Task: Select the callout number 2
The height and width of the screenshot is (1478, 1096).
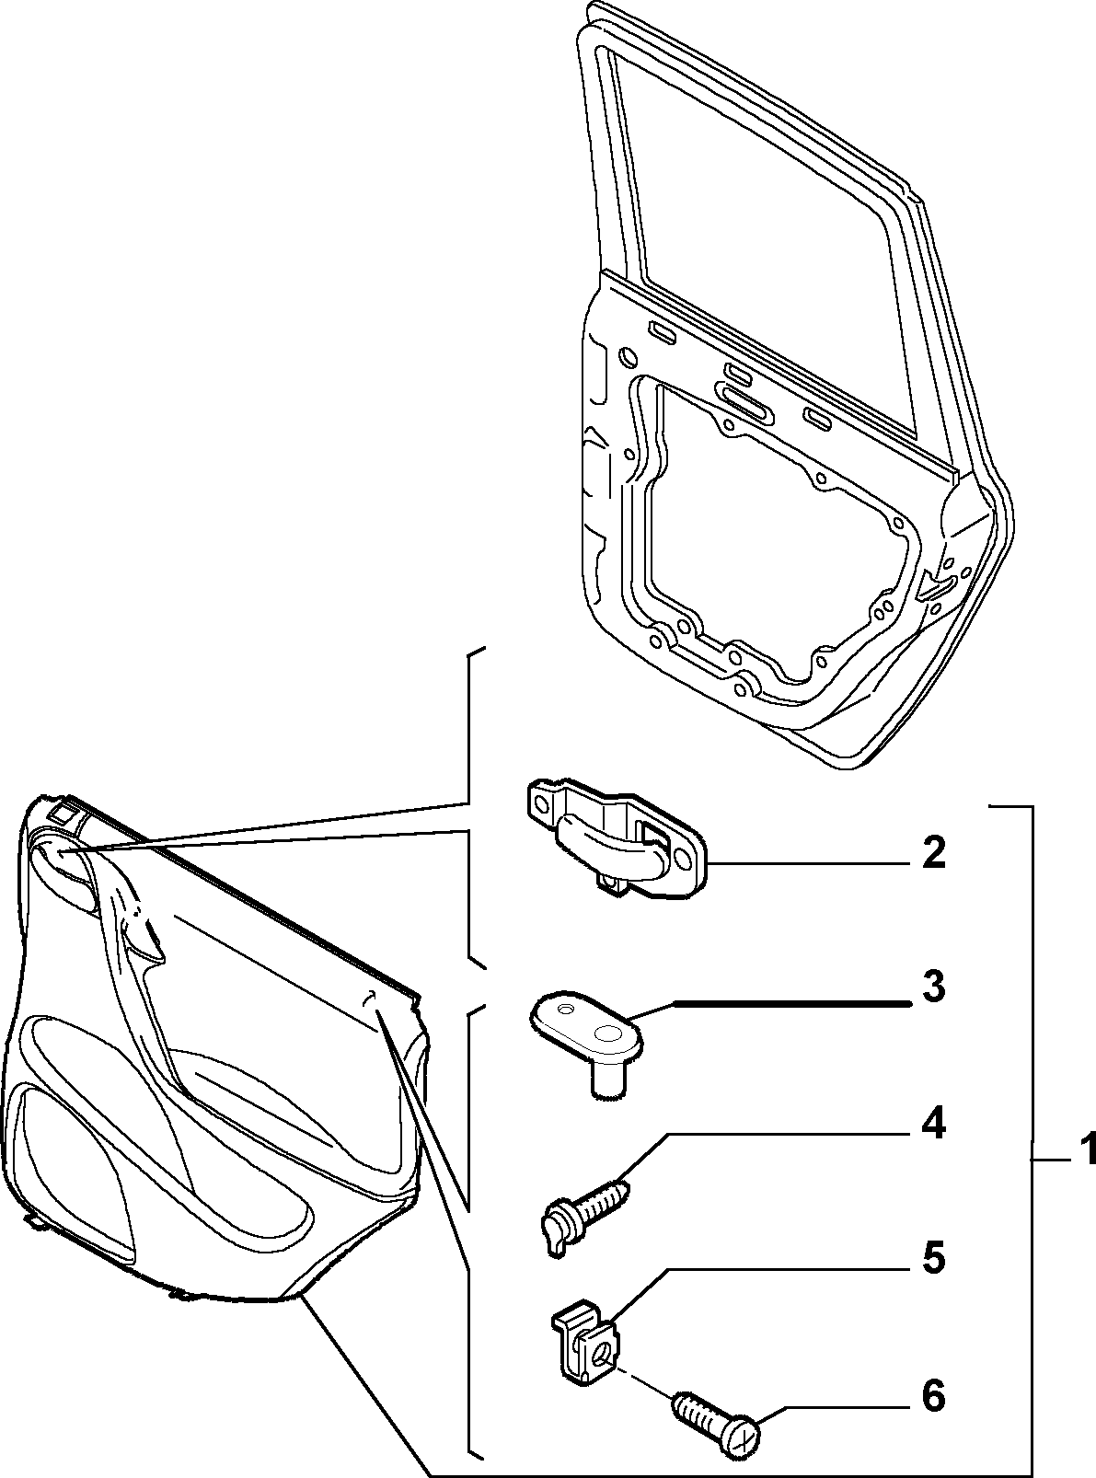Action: point(933,853)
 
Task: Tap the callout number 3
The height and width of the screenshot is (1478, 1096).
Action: point(933,987)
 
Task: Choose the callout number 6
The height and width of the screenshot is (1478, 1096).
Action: point(933,1391)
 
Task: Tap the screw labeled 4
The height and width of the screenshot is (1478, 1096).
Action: point(583,1198)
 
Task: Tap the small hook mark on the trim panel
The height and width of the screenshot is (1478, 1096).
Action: point(368,996)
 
